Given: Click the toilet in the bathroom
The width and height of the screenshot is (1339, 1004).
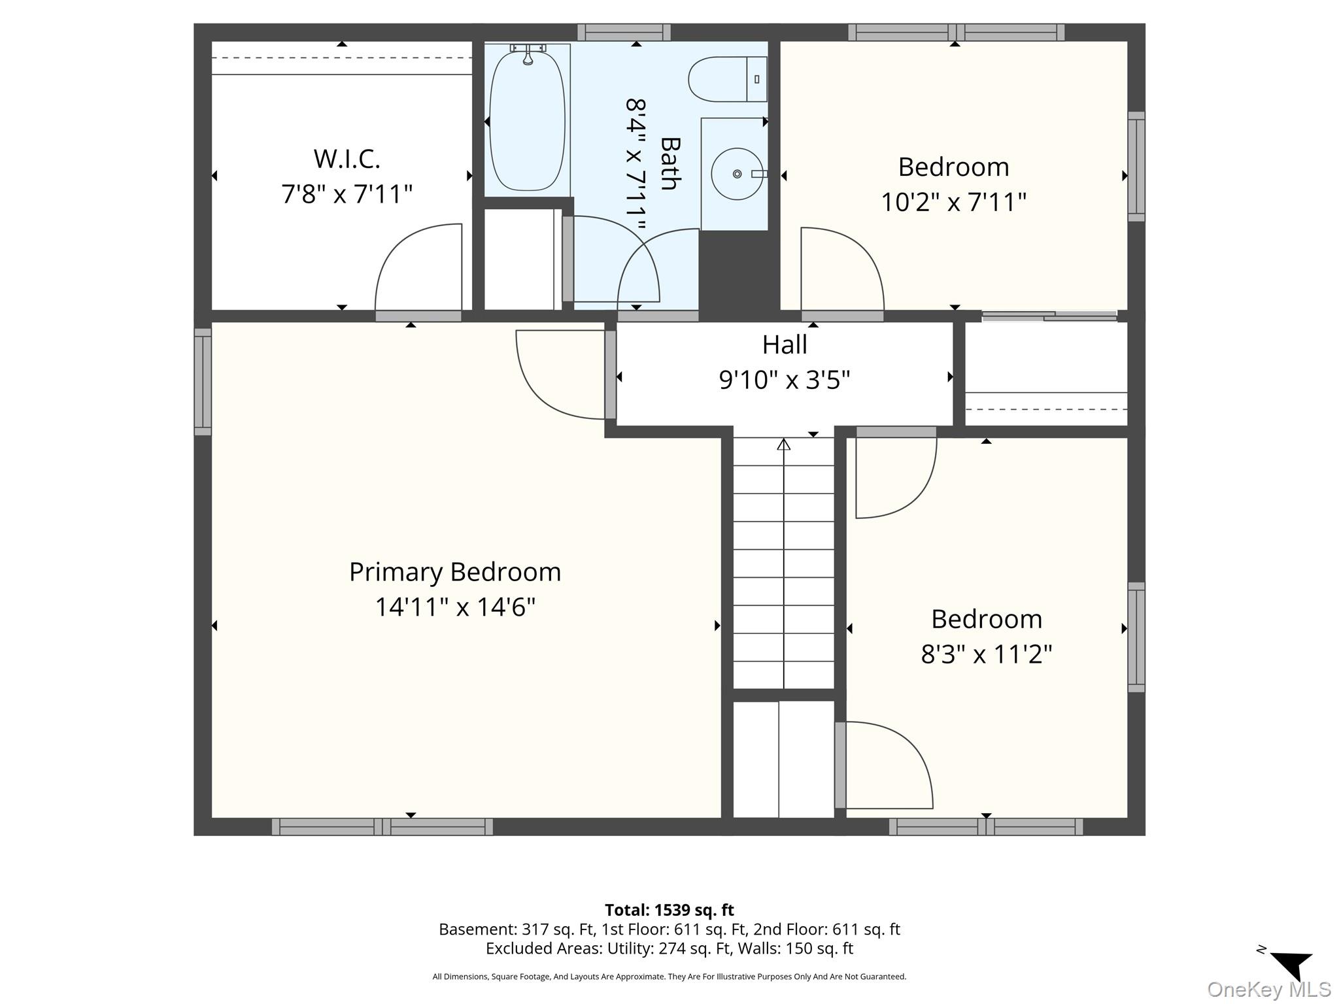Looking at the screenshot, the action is (x=727, y=79).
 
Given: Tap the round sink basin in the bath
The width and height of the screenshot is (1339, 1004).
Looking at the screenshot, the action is (x=737, y=174).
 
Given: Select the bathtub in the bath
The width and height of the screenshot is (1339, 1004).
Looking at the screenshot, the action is (x=527, y=120).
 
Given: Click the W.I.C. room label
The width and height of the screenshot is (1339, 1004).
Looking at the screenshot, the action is (x=347, y=159).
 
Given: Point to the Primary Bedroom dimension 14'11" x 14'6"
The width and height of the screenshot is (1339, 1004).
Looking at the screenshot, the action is (x=455, y=607).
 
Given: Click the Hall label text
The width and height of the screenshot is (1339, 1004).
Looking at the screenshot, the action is (x=785, y=344).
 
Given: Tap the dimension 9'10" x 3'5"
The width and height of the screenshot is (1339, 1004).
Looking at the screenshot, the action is (x=785, y=380).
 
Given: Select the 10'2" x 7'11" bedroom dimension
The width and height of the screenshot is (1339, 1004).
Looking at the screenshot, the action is (x=954, y=202).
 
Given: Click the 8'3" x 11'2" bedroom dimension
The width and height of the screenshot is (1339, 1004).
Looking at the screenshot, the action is (x=987, y=654).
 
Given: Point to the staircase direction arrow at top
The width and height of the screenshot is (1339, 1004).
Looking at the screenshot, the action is (x=784, y=444).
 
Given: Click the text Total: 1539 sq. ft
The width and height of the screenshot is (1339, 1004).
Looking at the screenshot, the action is (x=669, y=910).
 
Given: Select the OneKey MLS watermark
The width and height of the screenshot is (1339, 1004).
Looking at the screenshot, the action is (x=1269, y=989).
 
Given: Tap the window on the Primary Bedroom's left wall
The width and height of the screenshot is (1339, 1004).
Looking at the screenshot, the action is (x=203, y=382).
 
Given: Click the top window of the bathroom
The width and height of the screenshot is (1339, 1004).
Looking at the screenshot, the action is (x=624, y=32).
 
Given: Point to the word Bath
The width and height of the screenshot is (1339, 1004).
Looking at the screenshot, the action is (x=671, y=163).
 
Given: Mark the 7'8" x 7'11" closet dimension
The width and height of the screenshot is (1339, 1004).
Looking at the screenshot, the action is (x=347, y=194).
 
